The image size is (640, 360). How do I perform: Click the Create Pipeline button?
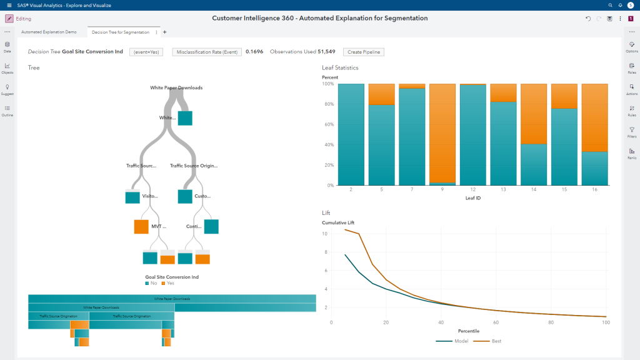click(364, 52)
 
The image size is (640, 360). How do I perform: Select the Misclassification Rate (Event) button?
click(207, 52)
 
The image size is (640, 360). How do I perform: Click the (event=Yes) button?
click(147, 52)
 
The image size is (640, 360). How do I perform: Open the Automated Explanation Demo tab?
click(49, 32)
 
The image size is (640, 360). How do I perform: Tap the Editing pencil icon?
click(9, 19)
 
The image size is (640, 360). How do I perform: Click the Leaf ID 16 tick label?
click(594, 190)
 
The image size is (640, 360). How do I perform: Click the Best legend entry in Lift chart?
click(491, 341)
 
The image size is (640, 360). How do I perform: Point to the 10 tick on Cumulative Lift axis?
click(325, 234)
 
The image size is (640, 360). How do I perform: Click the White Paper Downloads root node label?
click(176, 88)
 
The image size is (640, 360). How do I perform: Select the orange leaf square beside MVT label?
click(142, 226)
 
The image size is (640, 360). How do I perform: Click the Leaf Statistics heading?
click(340, 67)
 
